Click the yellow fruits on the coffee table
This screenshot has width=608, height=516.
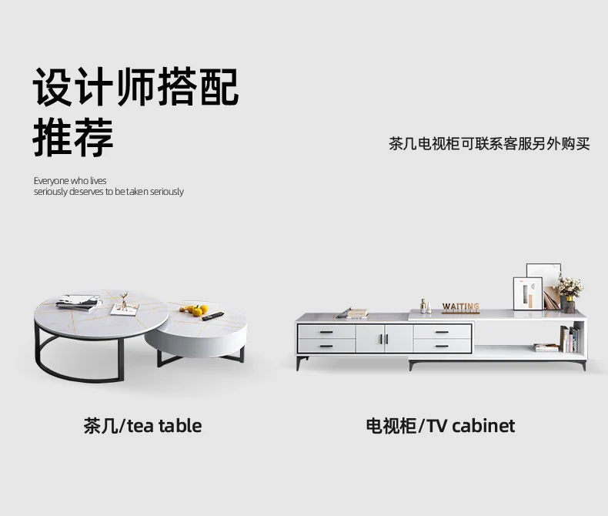[x=198, y=310]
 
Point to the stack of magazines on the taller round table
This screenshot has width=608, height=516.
[x=79, y=302]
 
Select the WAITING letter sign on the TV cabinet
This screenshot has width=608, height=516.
[x=460, y=307]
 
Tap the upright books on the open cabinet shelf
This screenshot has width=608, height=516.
[x=569, y=339]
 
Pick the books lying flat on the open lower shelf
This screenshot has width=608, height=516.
[x=546, y=348]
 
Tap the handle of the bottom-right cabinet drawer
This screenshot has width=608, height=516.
[x=442, y=346]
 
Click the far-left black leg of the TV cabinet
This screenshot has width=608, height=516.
[x=299, y=363]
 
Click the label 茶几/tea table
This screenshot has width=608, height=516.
[x=142, y=426]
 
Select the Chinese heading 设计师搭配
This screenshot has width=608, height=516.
[x=136, y=87]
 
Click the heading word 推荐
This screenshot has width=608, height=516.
[x=73, y=137]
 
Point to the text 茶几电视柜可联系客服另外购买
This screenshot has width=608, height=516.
[x=489, y=144]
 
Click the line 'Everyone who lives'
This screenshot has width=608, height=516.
[x=70, y=181]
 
